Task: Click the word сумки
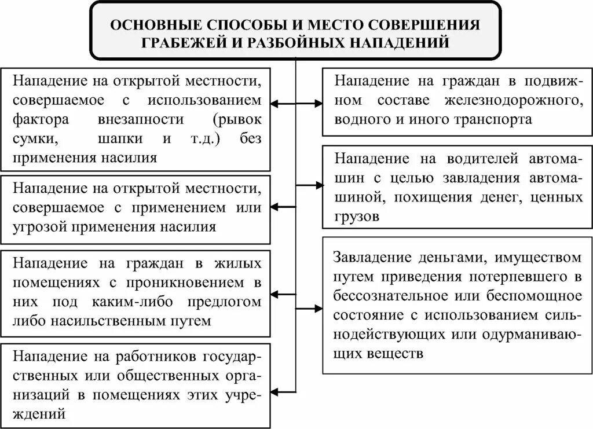click(34, 139)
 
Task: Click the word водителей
click(472, 159)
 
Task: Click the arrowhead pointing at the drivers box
click(319, 185)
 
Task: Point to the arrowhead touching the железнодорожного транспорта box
click(319, 104)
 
